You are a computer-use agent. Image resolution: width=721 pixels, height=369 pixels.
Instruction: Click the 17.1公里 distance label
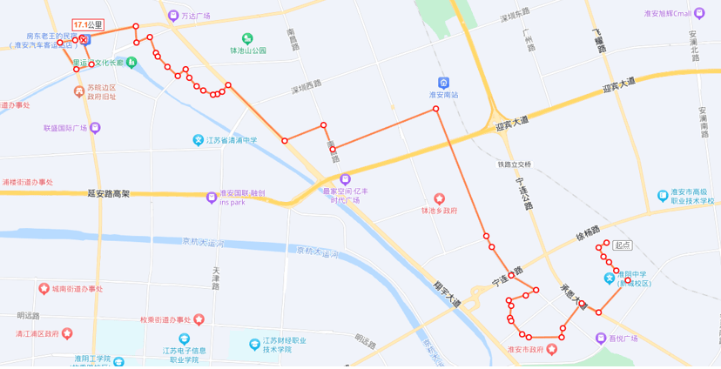tap(88, 25)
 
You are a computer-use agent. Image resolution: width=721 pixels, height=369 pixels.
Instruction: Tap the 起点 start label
tap(622, 245)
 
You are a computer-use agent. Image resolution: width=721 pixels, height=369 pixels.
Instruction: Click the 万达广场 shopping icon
tap(173, 16)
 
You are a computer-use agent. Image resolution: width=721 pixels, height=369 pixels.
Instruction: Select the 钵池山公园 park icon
tap(247, 38)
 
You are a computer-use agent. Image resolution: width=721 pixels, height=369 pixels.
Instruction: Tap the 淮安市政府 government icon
tap(550, 349)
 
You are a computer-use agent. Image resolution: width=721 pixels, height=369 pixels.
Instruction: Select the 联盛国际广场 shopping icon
tap(95, 127)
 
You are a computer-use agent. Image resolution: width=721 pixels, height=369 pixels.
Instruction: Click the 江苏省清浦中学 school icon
tap(199, 140)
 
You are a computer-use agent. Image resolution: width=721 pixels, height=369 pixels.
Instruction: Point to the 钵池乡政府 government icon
tap(440, 199)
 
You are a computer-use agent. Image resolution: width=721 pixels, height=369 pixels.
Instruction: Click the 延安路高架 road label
tap(109, 193)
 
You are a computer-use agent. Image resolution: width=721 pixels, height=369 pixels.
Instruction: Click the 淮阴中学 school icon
tap(610, 278)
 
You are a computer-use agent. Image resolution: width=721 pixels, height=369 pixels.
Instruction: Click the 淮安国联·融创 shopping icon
tap(212, 197)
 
